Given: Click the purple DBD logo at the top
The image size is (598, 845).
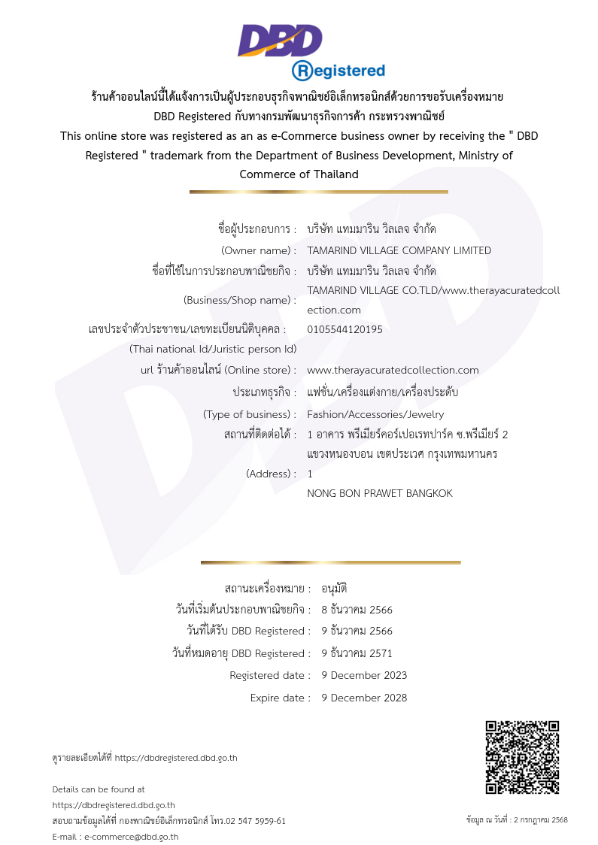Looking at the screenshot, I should (279, 41).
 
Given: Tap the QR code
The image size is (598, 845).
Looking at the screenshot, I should (522, 757).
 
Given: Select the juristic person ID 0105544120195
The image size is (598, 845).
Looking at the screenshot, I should (345, 329).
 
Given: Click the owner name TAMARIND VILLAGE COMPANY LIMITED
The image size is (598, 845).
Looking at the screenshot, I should (399, 250).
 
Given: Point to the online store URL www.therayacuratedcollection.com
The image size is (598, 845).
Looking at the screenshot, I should (393, 370).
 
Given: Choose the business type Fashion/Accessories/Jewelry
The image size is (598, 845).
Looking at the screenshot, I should (375, 414).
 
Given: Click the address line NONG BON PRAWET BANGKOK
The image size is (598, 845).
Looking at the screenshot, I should (380, 493).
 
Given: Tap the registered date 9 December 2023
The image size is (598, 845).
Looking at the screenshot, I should (364, 675).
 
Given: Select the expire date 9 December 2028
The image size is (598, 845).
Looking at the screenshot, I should (364, 698).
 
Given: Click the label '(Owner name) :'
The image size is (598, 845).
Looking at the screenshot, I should (258, 250).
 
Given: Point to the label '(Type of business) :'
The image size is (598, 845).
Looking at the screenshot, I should (249, 414).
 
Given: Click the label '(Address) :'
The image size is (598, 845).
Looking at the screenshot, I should (271, 474).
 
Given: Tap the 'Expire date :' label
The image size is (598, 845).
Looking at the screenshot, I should (280, 698).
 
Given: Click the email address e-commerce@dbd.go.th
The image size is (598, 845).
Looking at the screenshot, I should (131, 837).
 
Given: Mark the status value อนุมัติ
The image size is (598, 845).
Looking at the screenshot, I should (334, 588).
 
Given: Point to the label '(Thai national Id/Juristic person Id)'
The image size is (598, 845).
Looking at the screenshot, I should (213, 349).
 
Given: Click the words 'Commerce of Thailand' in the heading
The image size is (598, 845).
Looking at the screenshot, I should (299, 174).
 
